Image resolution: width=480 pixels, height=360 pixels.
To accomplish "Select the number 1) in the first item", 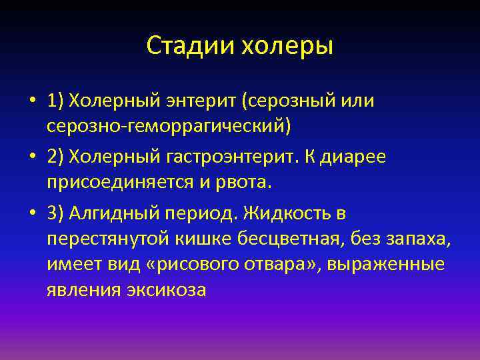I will coord(56,101).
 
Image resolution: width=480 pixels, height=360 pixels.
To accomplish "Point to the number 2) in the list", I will coord(56,157).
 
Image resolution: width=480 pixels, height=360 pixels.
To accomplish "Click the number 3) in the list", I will coord(56,214).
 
